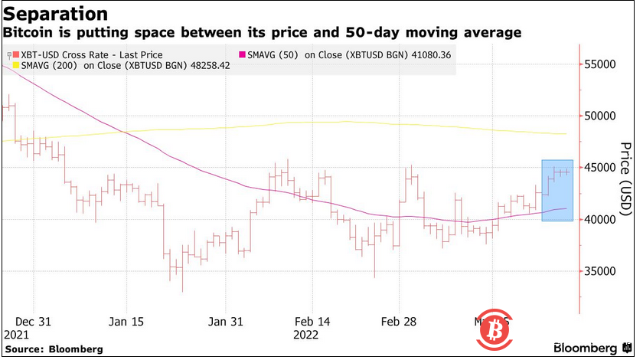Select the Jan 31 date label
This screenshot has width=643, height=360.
coord(226,321)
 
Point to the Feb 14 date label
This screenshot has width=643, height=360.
coord(312,321)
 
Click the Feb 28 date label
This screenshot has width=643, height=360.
coord(400,321)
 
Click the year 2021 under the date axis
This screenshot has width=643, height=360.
coord(17,335)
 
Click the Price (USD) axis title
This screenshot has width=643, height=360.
coord(625,178)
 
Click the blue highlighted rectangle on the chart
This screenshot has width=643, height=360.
coord(557,191)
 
